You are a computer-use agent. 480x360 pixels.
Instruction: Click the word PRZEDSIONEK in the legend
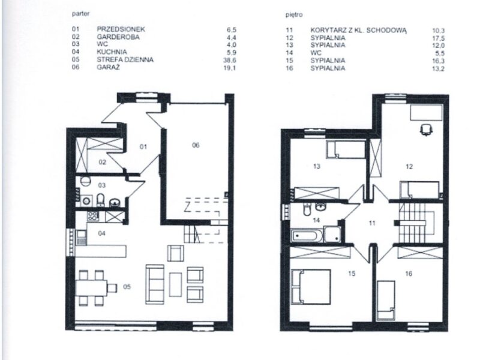click(121, 29)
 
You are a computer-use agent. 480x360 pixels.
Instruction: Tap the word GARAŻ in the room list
click(108, 67)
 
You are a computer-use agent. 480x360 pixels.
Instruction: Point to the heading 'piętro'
click(294, 14)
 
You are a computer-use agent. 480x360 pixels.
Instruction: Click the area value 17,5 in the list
click(439, 38)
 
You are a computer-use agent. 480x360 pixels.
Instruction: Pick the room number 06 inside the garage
click(196, 145)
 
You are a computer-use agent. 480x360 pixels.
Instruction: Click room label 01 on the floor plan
click(143, 146)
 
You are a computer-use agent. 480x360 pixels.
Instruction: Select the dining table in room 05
click(91, 288)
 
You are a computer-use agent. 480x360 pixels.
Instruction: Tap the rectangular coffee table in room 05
click(175, 284)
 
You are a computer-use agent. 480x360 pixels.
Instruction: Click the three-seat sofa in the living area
click(155, 284)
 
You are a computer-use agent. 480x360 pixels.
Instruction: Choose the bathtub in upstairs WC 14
click(307, 236)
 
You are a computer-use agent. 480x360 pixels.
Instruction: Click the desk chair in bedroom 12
click(425, 130)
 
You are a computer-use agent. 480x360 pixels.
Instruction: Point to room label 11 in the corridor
click(372, 223)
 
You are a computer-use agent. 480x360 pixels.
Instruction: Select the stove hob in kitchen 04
click(93, 216)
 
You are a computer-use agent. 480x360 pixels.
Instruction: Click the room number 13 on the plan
click(317, 166)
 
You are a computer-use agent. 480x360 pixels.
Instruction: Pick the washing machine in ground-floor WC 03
click(86, 201)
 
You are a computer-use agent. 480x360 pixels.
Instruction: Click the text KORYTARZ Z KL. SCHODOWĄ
click(358, 31)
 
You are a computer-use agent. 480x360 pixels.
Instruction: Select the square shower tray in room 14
click(333, 235)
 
